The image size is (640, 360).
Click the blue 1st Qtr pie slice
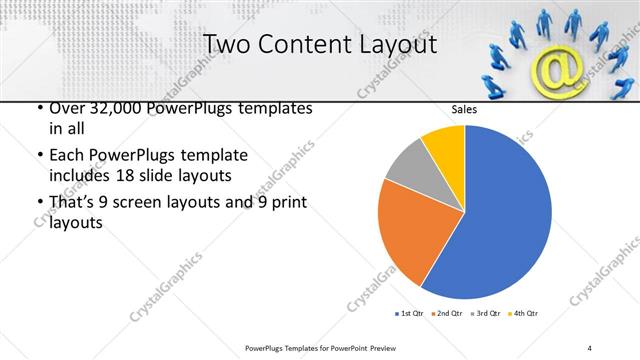coord(505,215)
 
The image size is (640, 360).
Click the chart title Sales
coord(465,109)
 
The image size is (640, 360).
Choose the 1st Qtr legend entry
coord(411,313)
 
